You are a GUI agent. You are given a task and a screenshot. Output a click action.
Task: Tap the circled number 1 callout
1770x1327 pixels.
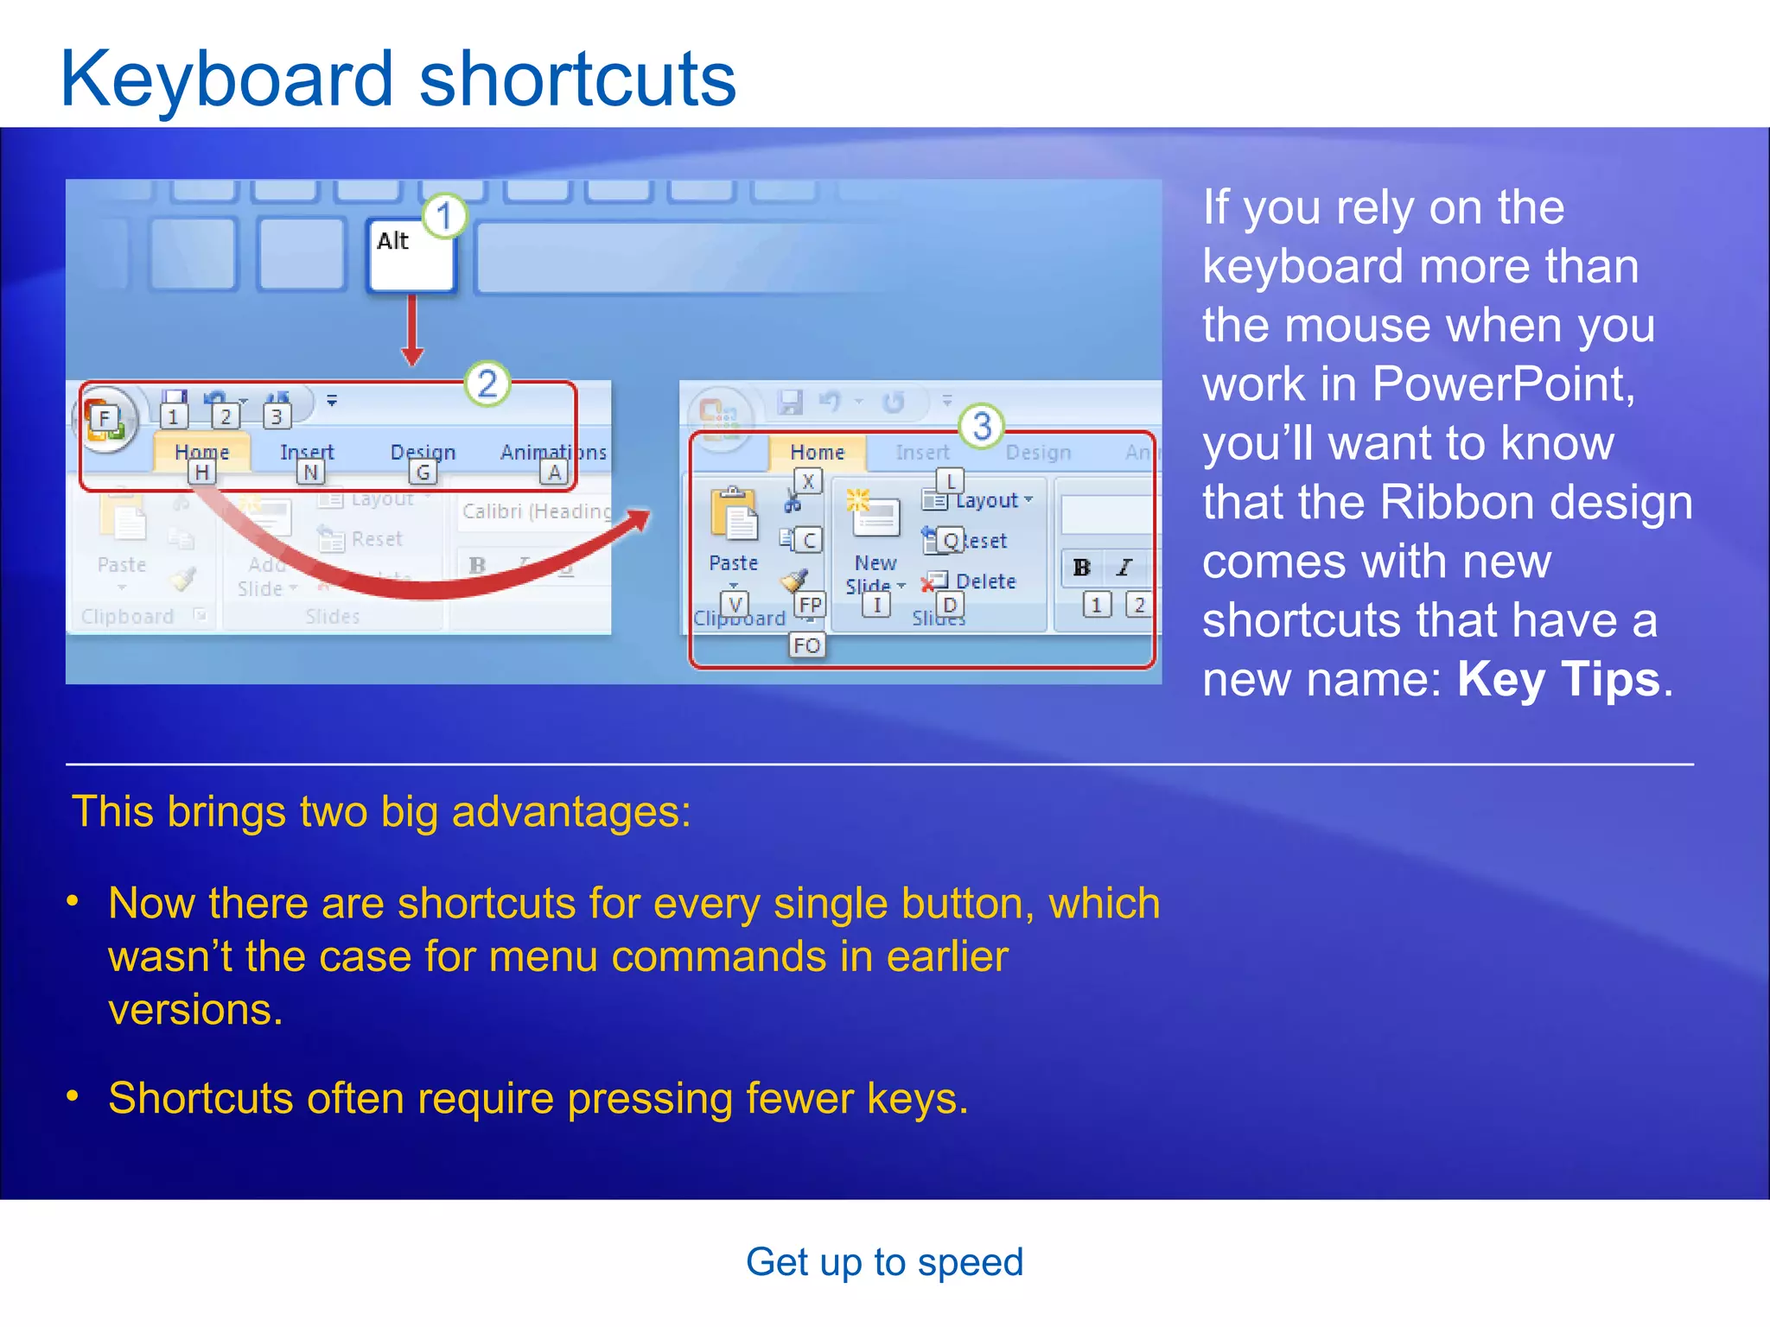(x=444, y=215)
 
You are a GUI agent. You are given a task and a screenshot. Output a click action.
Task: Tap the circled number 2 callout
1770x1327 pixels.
(x=487, y=384)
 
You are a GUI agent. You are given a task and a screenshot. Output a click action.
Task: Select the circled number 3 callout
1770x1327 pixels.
(x=982, y=425)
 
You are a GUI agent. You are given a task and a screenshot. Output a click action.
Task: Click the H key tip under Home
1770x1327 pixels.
(x=201, y=472)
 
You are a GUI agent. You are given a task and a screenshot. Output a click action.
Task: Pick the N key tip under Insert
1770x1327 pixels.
(x=310, y=472)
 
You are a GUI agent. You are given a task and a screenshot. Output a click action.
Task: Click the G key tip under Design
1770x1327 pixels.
(x=423, y=472)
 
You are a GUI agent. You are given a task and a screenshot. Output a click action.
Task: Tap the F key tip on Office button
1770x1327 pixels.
(x=105, y=419)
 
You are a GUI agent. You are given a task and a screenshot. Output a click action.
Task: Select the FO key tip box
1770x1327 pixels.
(x=806, y=644)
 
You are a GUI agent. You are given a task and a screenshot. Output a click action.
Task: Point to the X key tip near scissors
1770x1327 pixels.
(x=807, y=481)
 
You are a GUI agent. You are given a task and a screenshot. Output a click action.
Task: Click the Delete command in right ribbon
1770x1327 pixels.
(x=985, y=581)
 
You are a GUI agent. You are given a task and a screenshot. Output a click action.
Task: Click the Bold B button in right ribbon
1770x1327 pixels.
(x=1081, y=568)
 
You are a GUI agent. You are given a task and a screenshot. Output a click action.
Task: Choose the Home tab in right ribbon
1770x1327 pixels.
(x=817, y=452)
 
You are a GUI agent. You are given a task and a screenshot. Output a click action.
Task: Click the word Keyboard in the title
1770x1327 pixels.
(x=226, y=79)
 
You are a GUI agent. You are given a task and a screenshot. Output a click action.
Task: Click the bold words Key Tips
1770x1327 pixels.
(x=1558, y=679)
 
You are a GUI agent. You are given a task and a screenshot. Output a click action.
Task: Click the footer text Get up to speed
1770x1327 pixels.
(x=884, y=1262)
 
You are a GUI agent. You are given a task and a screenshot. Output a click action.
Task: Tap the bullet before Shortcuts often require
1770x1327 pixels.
(x=73, y=1096)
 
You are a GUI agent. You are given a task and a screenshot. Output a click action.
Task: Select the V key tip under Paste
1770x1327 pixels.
(x=735, y=604)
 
